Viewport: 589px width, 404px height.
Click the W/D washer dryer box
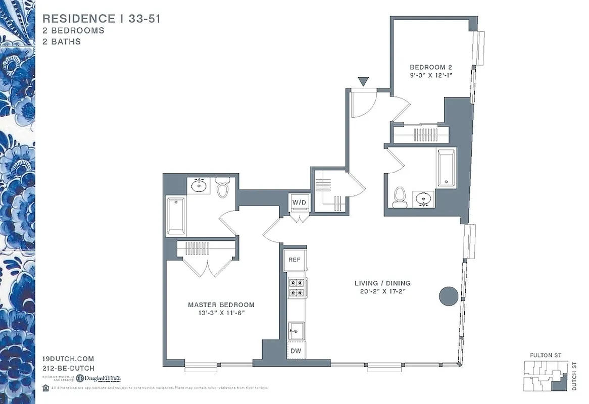299,203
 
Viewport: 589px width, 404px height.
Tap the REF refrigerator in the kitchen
294,260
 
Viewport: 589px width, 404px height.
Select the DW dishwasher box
295,350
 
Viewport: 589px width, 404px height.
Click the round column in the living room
448,296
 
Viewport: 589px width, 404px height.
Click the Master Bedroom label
221,305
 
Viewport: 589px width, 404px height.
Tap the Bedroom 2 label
430,67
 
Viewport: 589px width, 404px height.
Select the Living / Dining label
382,283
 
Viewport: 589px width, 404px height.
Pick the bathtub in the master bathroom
176,216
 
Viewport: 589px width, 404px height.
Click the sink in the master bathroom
200,186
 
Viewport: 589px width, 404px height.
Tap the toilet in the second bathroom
400,197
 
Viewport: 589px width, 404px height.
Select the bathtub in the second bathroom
447,168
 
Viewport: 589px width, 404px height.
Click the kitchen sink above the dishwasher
295,331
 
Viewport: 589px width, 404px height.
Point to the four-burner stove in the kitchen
296,287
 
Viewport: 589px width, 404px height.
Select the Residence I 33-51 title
102,19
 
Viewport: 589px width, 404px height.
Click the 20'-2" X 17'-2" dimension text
382,291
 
